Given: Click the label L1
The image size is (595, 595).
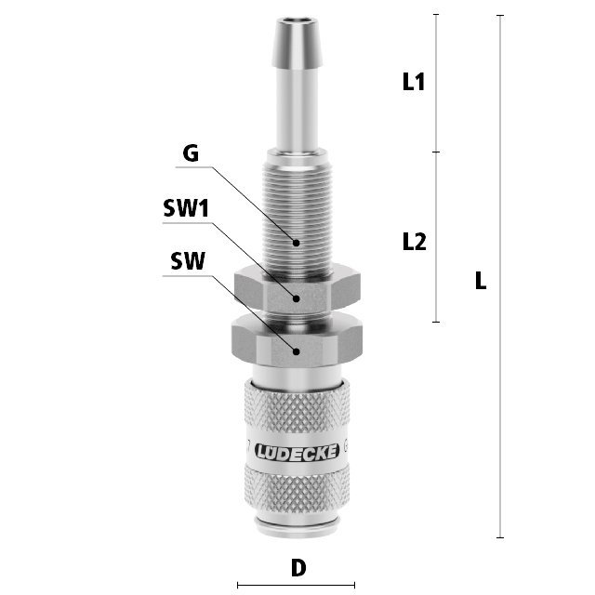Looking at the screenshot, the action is click(x=413, y=82).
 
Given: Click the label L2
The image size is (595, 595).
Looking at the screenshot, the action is click(x=414, y=242).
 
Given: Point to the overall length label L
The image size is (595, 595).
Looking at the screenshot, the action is click(x=481, y=281).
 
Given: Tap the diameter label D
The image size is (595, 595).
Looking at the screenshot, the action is click(x=298, y=568).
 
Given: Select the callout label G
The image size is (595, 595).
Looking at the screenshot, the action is click(x=191, y=153).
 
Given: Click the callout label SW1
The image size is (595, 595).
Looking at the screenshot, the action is click(x=186, y=208).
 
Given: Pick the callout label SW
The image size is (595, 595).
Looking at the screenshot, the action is click(x=188, y=260).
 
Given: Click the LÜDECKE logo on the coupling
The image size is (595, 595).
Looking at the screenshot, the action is click(x=297, y=452).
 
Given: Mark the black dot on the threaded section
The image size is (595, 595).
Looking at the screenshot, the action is click(x=297, y=243).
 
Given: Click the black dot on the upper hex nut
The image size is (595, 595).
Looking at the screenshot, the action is click(x=297, y=298).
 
